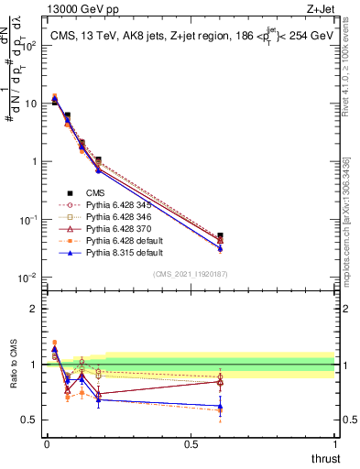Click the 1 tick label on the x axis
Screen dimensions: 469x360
tap(334, 444)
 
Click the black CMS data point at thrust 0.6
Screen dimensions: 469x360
tap(219, 235)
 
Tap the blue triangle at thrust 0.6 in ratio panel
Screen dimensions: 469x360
tap(219, 406)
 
